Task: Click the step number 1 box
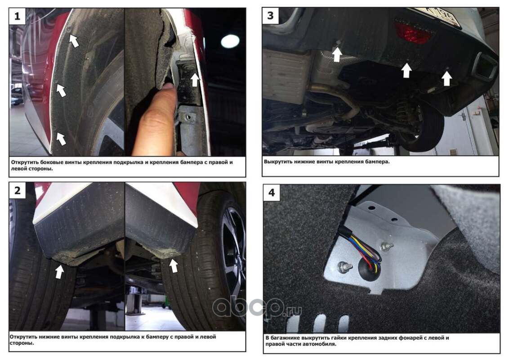coord(17,16)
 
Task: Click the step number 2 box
coord(17,190)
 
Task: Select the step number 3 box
coord(270,16)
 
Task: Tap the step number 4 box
coord(272,193)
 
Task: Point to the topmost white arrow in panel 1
coord(74,40)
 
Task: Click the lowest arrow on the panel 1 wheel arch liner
coord(61,139)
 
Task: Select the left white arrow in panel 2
coord(59,271)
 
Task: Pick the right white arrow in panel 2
coord(174,265)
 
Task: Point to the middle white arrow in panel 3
coord(406,70)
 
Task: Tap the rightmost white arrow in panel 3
coord(446,79)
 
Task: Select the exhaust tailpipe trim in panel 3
coord(485,67)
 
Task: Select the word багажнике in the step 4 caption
coord(286,338)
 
